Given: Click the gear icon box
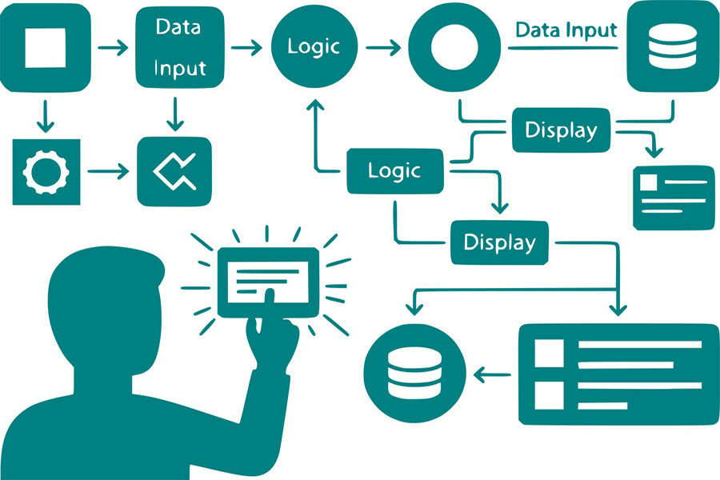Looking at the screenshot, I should click(46, 170).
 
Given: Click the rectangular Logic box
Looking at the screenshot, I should click(394, 170).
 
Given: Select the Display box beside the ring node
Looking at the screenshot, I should click(560, 130).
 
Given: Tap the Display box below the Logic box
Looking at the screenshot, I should click(500, 241).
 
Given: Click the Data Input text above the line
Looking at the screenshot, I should click(566, 30).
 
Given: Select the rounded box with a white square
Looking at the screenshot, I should click(46, 46).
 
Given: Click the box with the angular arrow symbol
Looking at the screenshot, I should click(174, 170).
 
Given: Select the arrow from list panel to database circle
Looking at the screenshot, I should click(493, 374).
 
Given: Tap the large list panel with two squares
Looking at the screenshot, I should click(618, 374).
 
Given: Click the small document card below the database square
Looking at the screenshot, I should click(673, 197).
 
